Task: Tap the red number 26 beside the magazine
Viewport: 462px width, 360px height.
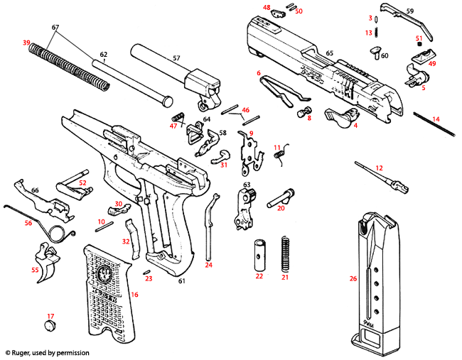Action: click(x=353, y=278)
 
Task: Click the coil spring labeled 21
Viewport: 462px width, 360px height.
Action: click(x=286, y=253)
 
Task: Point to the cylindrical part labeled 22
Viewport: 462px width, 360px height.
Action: click(x=259, y=254)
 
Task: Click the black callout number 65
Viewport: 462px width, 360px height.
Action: click(x=329, y=53)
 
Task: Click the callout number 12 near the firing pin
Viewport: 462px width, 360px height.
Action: click(x=379, y=168)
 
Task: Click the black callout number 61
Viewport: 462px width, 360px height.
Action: click(x=182, y=282)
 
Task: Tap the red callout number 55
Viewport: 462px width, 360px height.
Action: click(x=34, y=270)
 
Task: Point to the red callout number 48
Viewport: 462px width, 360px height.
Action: click(x=267, y=8)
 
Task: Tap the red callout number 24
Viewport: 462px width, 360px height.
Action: click(x=209, y=265)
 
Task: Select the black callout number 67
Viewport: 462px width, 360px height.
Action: click(x=55, y=27)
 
